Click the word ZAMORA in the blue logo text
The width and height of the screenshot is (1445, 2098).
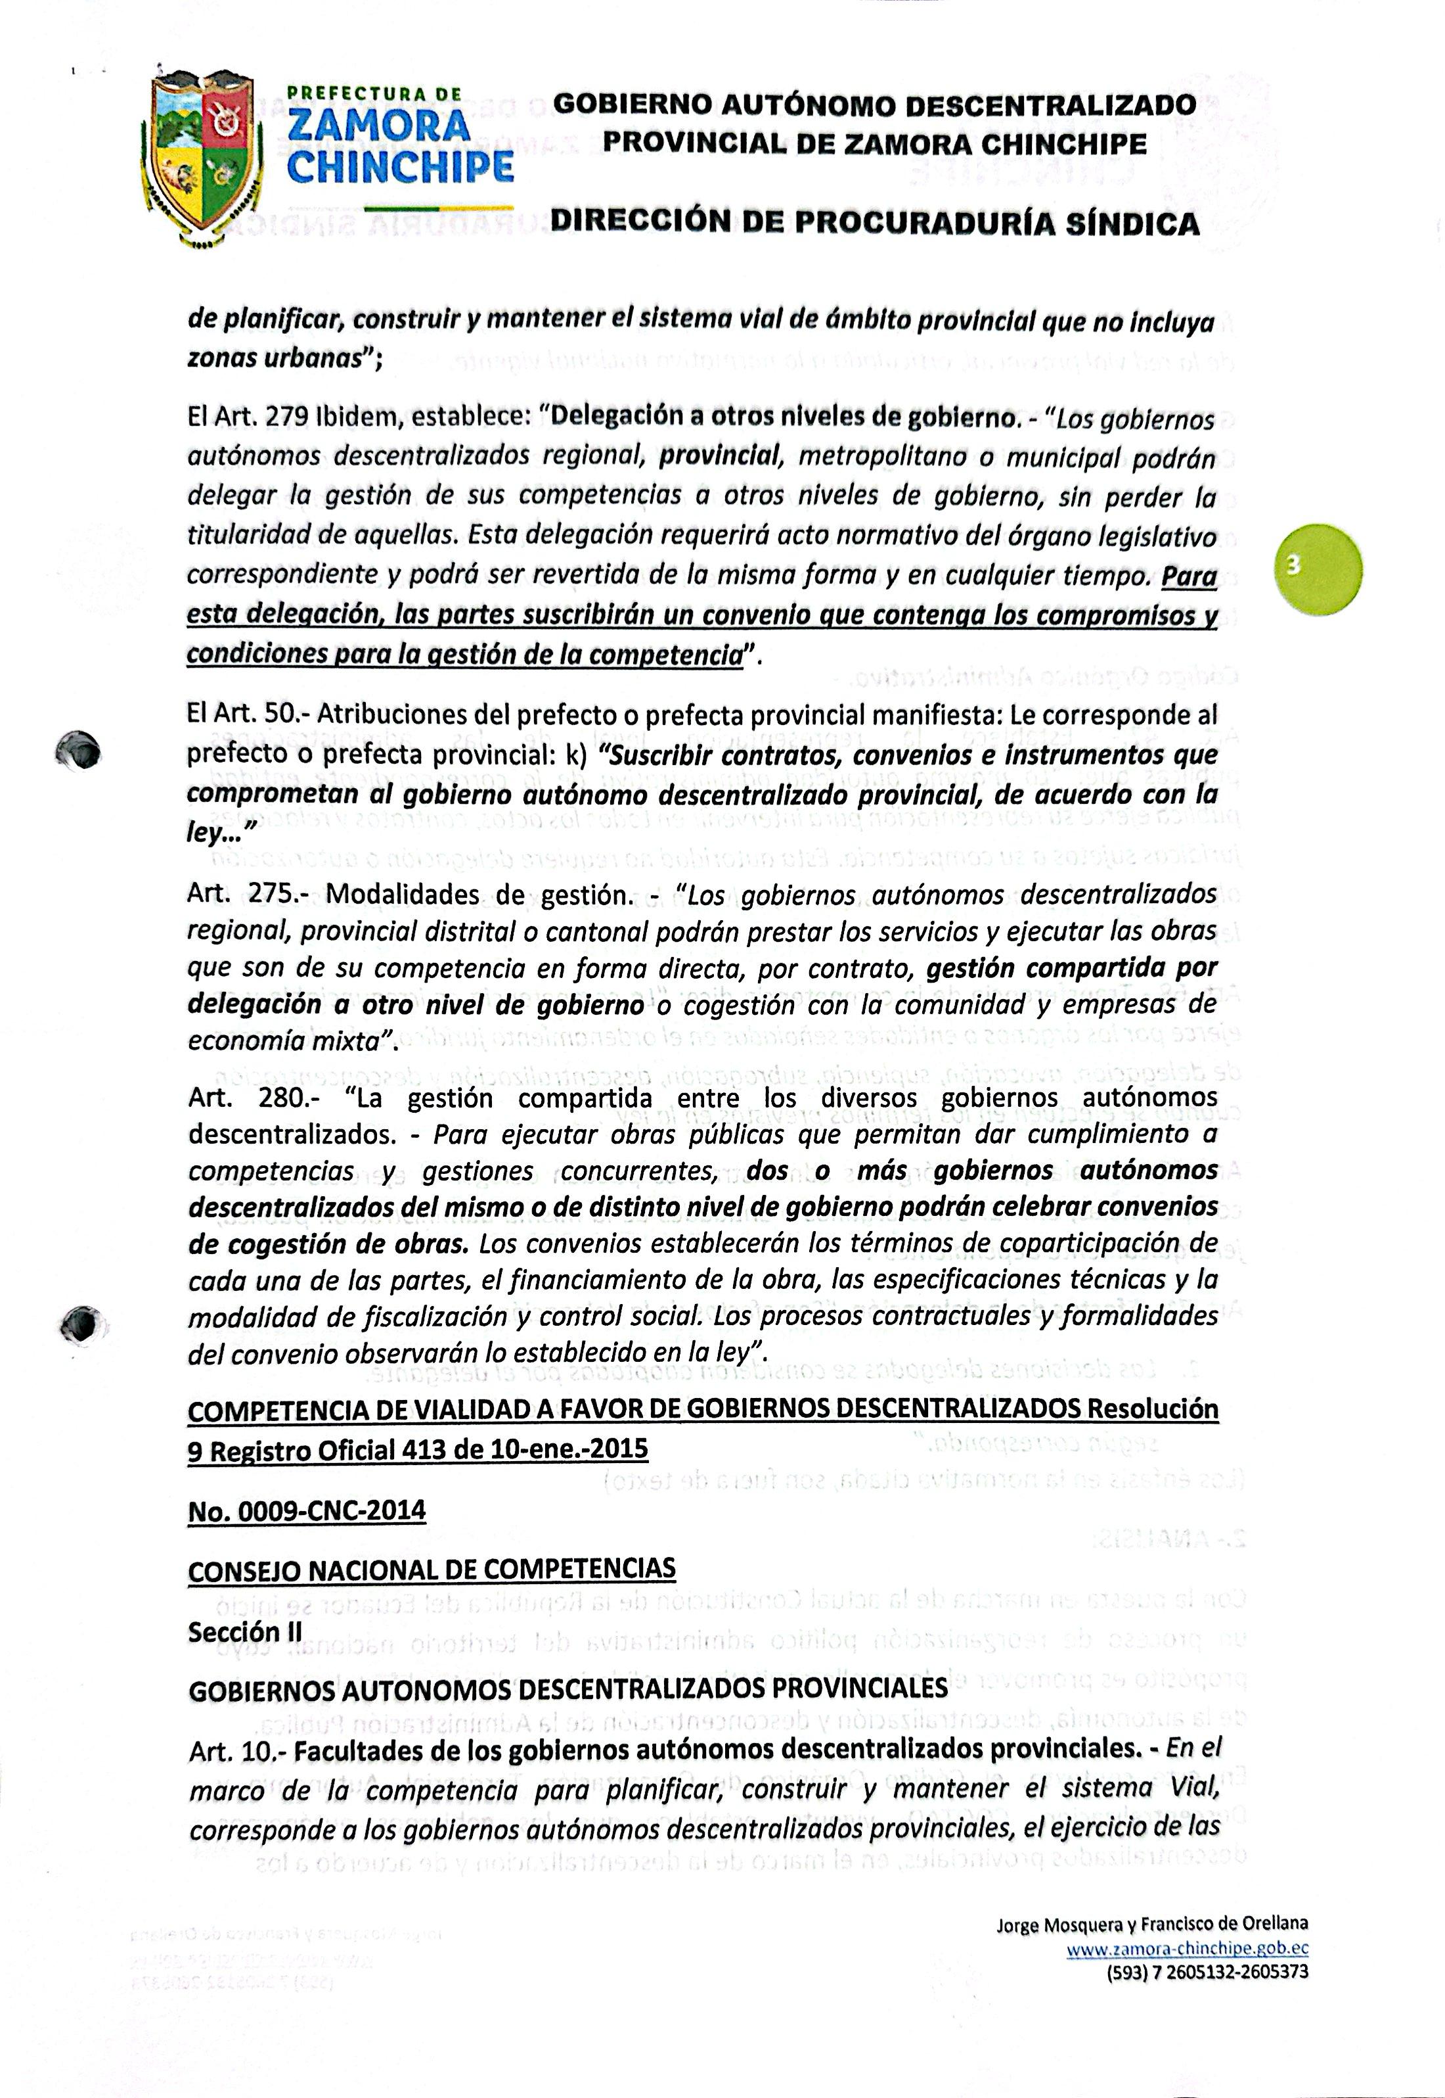(x=378, y=126)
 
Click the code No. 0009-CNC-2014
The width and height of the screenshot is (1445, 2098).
(x=306, y=1511)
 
